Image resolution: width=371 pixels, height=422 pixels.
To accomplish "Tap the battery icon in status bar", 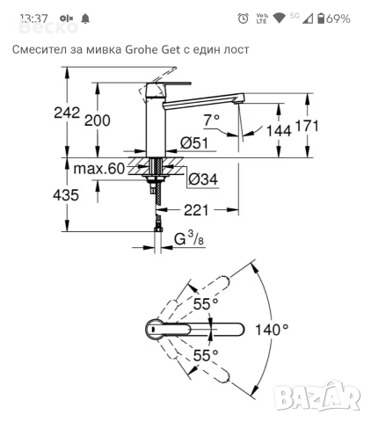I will pyautogui.click(x=321, y=18).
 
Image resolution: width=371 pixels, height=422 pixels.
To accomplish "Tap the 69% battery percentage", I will pyautogui.click(x=339, y=18).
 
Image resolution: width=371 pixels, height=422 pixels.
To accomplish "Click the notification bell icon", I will pyautogui.click(x=85, y=18).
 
